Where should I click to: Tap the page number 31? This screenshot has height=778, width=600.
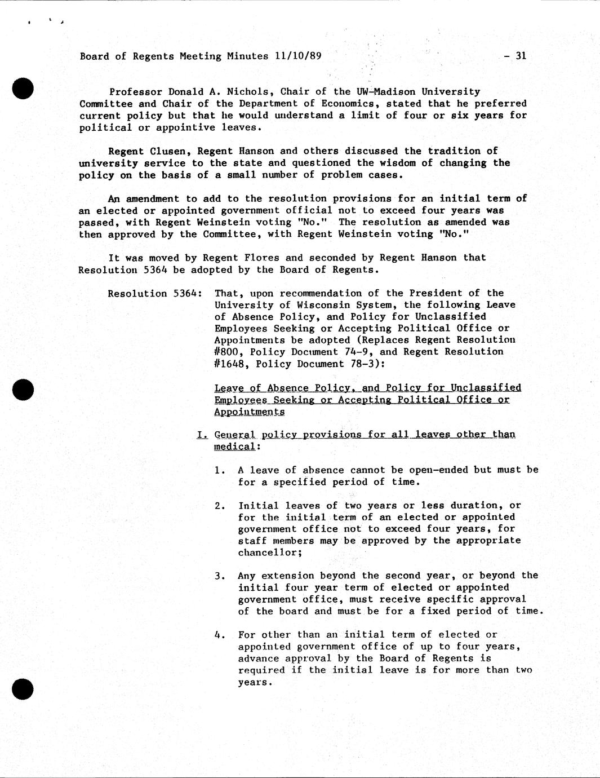tap(521, 55)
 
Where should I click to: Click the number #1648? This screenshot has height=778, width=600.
tap(232, 364)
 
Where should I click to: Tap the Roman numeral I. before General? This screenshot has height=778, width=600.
tap(202, 435)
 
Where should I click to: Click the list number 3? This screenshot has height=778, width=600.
tap(219, 576)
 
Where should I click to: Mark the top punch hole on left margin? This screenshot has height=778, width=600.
tap(23, 89)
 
